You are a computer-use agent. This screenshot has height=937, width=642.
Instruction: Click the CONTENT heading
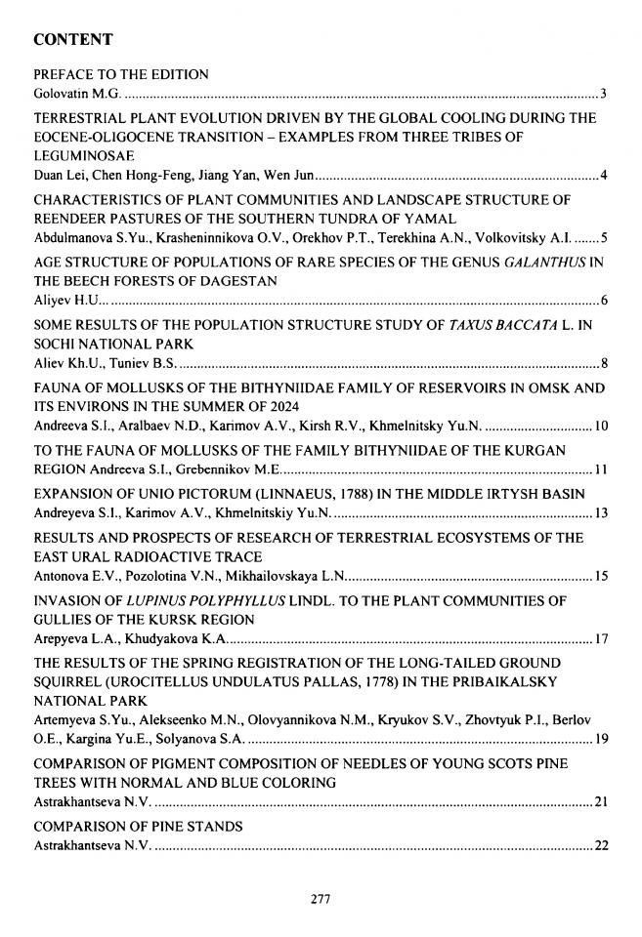[73, 40]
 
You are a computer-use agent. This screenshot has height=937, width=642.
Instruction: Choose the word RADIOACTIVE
[158, 556]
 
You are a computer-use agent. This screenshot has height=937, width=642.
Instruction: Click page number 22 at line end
[601, 846]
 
